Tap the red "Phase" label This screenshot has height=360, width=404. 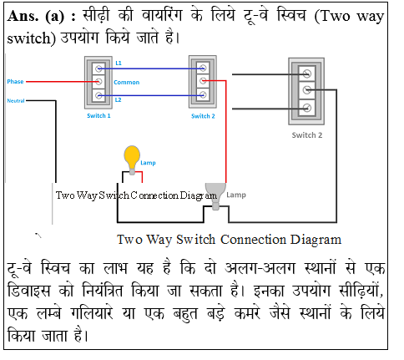coord(15,82)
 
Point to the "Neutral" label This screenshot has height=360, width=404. coord(16,100)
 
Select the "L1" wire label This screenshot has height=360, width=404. coord(119,63)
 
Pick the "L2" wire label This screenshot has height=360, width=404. coord(119,99)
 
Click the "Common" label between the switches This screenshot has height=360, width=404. coord(126,82)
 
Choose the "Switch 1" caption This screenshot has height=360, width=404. coord(99,116)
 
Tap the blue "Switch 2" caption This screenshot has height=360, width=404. coord(203,116)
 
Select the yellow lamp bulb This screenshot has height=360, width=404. coord(132,155)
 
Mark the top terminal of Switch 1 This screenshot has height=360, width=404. coord(99,66)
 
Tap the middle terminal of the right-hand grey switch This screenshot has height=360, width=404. coord(308,89)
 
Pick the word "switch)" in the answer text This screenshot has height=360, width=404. coord(33,38)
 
